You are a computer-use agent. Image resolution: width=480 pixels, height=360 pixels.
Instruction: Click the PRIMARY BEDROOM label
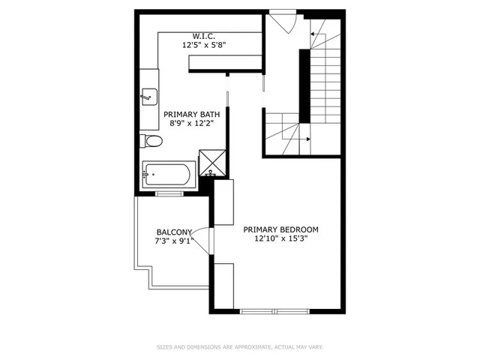point(281,229)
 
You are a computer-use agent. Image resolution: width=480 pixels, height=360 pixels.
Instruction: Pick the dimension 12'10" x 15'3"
point(281,239)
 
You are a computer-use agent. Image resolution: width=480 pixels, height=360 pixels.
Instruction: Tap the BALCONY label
point(174,232)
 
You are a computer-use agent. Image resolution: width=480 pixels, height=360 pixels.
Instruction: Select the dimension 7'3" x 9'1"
point(174,241)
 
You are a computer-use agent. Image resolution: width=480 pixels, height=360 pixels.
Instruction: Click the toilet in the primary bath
point(151,141)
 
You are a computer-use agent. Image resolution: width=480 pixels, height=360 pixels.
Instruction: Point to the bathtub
point(169,175)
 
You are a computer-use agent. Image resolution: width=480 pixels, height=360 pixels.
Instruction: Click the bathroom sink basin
point(148,95)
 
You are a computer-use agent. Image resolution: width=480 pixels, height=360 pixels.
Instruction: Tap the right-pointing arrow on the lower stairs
point(307,139)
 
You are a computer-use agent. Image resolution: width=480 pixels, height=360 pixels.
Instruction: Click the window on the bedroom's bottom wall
point(274,310)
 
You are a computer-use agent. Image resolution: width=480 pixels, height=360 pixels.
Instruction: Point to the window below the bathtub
point(169,194)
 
